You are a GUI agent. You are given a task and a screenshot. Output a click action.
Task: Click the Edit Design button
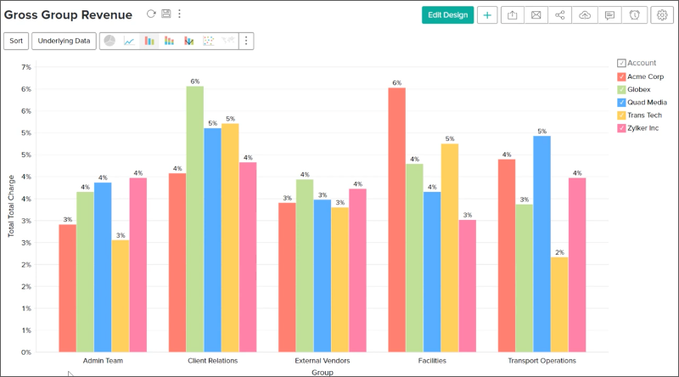click(x=447, y=14)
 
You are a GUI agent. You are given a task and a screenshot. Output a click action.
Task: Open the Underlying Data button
click(x=64, y=41)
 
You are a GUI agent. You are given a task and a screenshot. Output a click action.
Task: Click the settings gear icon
click(x=660, y=14)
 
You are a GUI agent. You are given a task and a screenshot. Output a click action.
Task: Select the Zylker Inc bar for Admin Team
click(x=137, y=264)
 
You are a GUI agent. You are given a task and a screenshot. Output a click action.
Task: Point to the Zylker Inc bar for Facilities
click(x=467, y=285)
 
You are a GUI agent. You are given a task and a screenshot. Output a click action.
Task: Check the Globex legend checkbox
click(x=622, y=89)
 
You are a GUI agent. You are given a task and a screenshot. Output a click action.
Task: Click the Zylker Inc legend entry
click(x=643, y=128)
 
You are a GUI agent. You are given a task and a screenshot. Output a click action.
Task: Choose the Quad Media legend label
click(x=646, y=102)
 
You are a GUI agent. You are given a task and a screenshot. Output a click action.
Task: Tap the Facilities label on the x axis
click(x=432, y=361)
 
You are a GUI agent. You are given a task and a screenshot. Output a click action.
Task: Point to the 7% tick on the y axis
click(x=25, y=67)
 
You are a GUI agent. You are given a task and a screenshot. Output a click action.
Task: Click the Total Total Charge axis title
click(x=12, y=206)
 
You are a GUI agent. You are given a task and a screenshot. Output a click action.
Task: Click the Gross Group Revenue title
click(x=69, y=14)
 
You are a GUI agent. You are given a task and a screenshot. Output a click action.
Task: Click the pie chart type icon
click(x=109, y=41)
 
